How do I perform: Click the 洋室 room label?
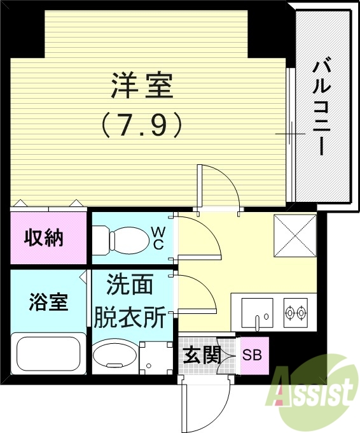(142, 86)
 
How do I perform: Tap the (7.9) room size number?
(142, 124)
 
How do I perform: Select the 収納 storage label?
(44, 238)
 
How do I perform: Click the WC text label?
(159, 238)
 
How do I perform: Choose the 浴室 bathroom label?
(48, 302)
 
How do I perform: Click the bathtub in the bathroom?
(47, 354)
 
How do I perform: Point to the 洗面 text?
(130, 285)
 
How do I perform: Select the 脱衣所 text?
(130, 316)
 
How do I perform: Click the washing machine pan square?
(154, 359)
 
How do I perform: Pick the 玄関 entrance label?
(202, 355)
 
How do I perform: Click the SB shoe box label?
(253, 355)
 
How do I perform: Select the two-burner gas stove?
(296, 313)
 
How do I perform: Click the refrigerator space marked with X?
(294, 235)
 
